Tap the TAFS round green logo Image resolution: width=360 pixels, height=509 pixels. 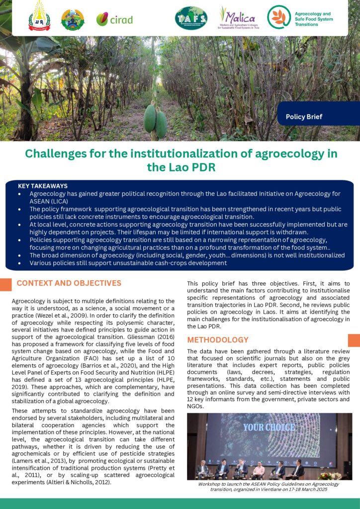[191, 18]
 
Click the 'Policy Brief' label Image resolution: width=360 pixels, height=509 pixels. [304, 117]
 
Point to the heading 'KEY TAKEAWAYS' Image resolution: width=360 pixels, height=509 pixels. [43, 186]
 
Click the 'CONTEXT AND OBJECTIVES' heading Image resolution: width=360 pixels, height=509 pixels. [69, 283]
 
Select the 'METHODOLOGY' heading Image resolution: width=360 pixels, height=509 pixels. [218, 340]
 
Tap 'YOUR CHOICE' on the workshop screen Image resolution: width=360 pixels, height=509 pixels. [269, 427]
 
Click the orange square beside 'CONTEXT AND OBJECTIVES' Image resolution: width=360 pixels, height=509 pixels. [6, 284]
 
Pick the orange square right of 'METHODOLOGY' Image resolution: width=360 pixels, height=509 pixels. [354, 340]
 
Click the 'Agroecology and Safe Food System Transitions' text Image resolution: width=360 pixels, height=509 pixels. [313, 19]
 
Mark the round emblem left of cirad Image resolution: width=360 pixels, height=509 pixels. [73, 19]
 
